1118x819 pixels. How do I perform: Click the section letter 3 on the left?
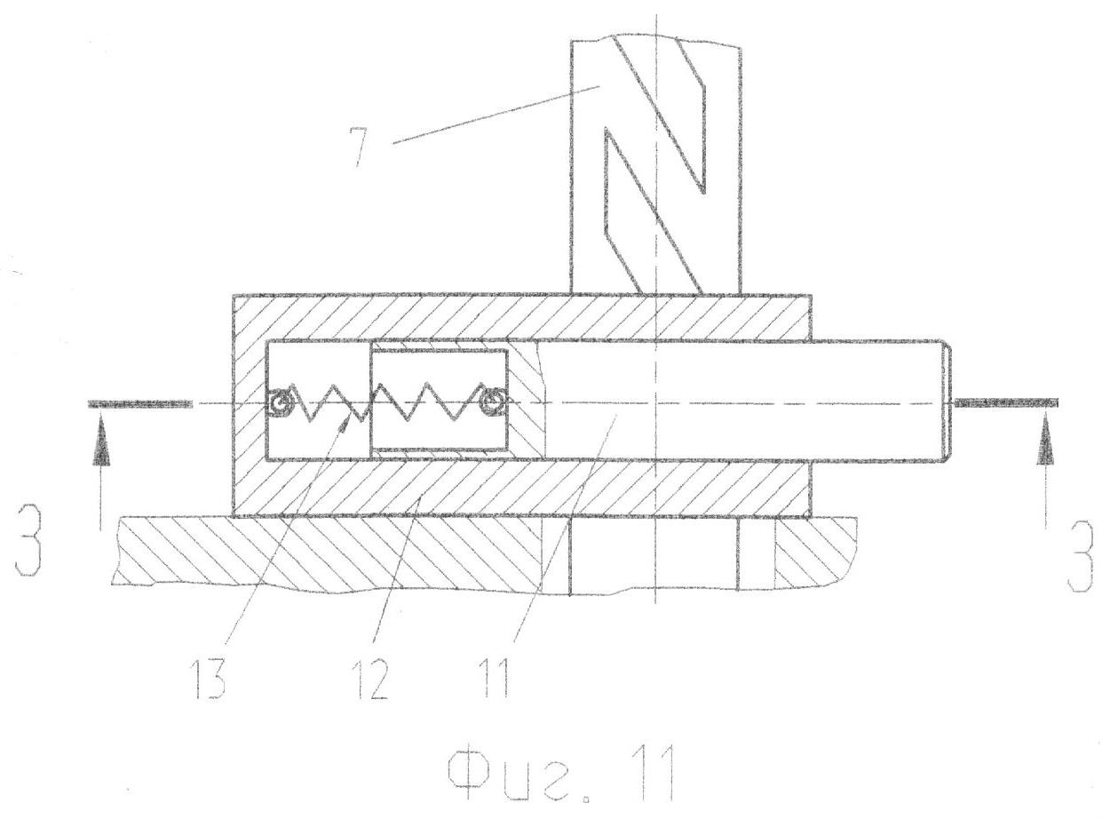pos(28,548)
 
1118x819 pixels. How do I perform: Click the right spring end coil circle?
pos(493,401)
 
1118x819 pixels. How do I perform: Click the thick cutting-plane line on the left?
pos(139,403)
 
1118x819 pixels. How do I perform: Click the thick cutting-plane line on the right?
pos(1006,402)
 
